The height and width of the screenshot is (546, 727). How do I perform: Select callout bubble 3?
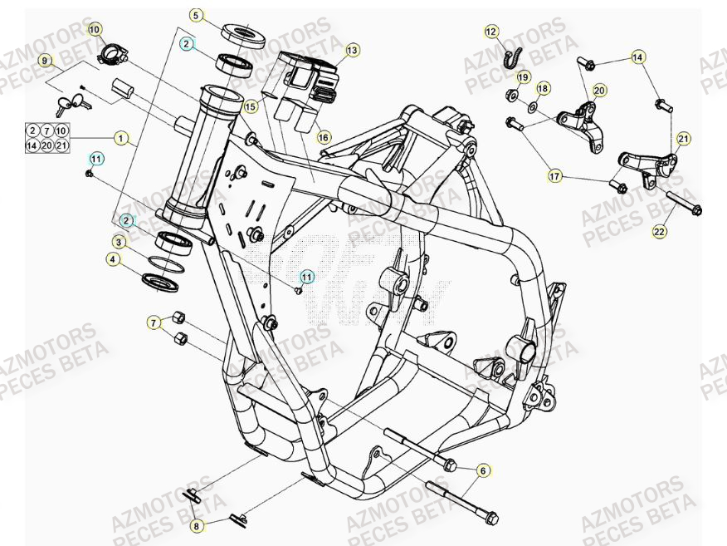120,243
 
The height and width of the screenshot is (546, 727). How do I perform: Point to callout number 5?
195,15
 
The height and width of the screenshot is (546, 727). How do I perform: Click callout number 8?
195,525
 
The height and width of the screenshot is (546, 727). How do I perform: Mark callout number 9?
48,61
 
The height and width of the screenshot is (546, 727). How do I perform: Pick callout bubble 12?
491,32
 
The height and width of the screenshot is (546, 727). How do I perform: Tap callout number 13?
352,51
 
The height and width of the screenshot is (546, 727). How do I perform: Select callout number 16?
324,137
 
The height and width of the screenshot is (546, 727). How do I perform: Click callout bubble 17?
554,175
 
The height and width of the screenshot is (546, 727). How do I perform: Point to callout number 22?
660,232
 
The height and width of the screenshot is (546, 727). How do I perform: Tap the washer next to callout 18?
533,107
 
